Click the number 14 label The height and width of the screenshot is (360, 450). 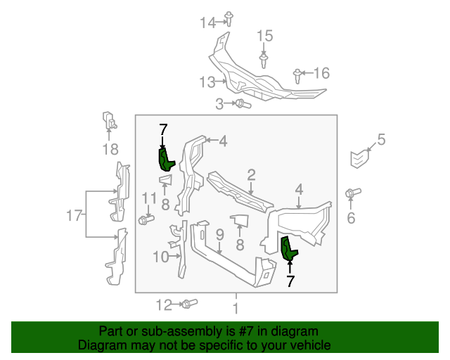point(207,22)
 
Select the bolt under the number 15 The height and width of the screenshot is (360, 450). point(264,60)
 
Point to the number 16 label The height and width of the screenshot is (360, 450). point(321,73)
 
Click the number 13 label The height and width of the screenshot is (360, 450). point(206,82)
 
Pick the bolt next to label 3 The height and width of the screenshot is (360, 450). point(242,104)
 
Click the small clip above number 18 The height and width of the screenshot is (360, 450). point(108,120)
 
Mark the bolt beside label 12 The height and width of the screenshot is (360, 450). point(189,304)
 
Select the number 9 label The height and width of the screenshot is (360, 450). point(219,234)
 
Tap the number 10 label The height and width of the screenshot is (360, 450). point(160,257)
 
